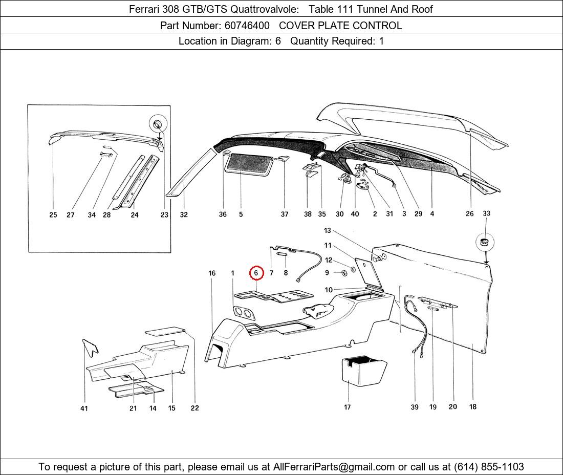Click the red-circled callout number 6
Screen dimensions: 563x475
[x=256, y=273]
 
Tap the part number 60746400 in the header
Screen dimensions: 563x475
[x=247, y=26]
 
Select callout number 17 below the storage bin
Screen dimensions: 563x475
[x=347, y=407]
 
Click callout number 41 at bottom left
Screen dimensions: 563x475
[x=84, y=408]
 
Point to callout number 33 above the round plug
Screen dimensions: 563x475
[x=486, y=213]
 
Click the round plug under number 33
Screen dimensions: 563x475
[x=485, y=242]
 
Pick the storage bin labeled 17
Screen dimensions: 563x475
[x=364, y=371]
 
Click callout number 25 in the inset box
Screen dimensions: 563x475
[x=53, y=214]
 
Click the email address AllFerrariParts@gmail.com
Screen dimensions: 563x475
[x=334, y=467]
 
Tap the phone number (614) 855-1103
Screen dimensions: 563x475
[x=489, y=467]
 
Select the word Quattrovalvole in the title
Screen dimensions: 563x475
[x=264, y=9]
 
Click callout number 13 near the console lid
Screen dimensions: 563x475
[x=327, y=230]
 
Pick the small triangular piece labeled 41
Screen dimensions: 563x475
[x=90, y=347]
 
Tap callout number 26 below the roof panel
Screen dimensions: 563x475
[x=470, y=213]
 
